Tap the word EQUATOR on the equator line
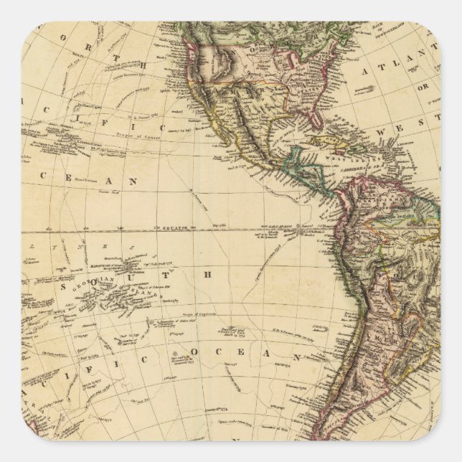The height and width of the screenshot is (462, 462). tap(174, 227)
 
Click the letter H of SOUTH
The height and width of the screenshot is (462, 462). tap(209, 274)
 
